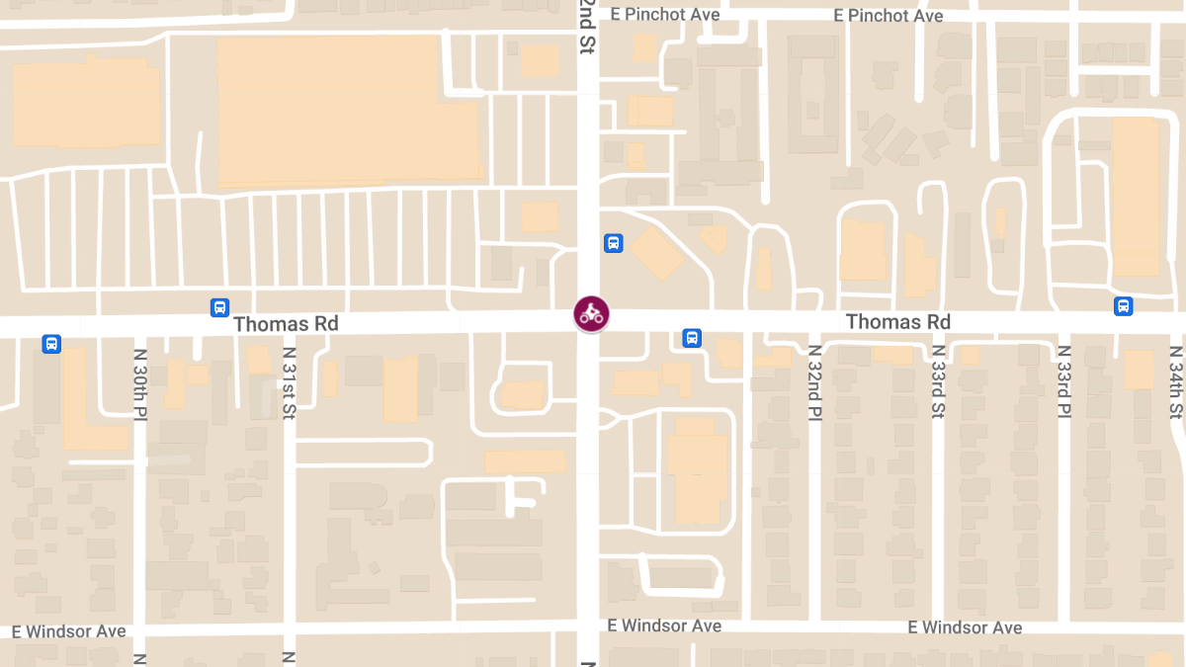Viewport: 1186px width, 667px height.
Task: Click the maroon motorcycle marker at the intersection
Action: (x=591, y=314)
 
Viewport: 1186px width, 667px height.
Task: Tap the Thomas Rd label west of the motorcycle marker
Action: (x=286, y=324)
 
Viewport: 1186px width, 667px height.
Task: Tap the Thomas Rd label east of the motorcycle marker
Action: (x=898, y=322)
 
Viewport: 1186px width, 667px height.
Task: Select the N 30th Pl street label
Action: (x=140, y=384)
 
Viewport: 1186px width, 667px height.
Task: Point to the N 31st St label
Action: (x=290, y=384)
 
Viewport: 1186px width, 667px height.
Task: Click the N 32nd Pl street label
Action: (x=814, y=384)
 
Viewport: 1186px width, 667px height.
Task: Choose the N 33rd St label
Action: (x=938, y=384)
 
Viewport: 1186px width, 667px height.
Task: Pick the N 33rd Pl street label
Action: (x=1063, y=384)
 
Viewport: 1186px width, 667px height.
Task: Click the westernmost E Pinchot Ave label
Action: (x=665, y=15)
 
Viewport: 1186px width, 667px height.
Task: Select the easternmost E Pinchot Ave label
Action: (x=888, y=16)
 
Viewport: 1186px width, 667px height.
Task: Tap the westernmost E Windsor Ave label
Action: (x=69, y=630)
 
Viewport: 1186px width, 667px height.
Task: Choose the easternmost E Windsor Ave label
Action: (x=966, y=627)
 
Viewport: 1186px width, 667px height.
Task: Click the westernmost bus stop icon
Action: (x=51, y=344)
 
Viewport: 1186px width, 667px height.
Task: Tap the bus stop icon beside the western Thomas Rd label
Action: (x=219, y=307)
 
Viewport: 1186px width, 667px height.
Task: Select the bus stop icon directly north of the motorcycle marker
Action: (x=613, y=243)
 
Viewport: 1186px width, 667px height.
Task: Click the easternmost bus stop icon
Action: (x=1124, y=306)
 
